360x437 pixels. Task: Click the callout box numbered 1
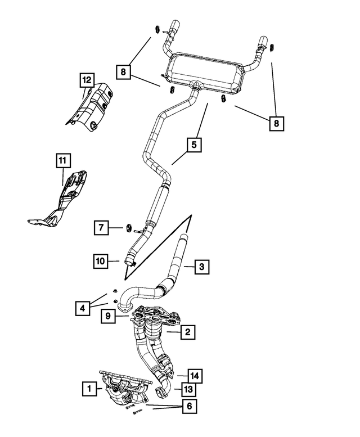(88, 388)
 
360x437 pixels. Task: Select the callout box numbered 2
(187, 333)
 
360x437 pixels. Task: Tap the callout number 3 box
(202, 267)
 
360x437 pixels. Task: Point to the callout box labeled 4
(83, 308)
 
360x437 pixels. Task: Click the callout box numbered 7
(101, 227)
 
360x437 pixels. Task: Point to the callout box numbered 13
(187, 389)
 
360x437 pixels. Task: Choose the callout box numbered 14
(194, 375)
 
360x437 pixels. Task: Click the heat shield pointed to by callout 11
(65, 197)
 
